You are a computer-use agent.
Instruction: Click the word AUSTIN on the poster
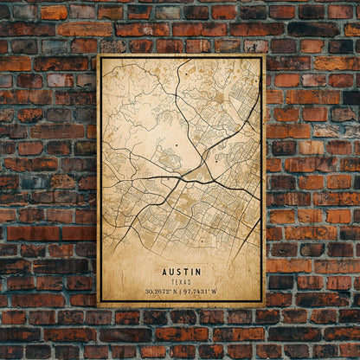(181, 271)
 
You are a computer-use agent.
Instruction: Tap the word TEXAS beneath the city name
(181, 281)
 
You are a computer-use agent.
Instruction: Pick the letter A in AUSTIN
(163, 271)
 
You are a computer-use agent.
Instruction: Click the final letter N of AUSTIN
(199, 271)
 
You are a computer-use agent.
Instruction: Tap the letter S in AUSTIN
(177, 271)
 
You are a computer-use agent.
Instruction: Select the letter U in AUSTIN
(170, 271)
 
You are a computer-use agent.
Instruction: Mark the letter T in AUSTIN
(185, 271)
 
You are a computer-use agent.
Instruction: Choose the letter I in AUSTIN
(191, 271)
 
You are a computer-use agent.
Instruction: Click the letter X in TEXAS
(181, 281)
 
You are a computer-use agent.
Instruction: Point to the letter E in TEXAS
(176, 281)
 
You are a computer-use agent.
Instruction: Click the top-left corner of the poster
(98, 55)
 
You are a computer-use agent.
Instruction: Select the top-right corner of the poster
(264, 55)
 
